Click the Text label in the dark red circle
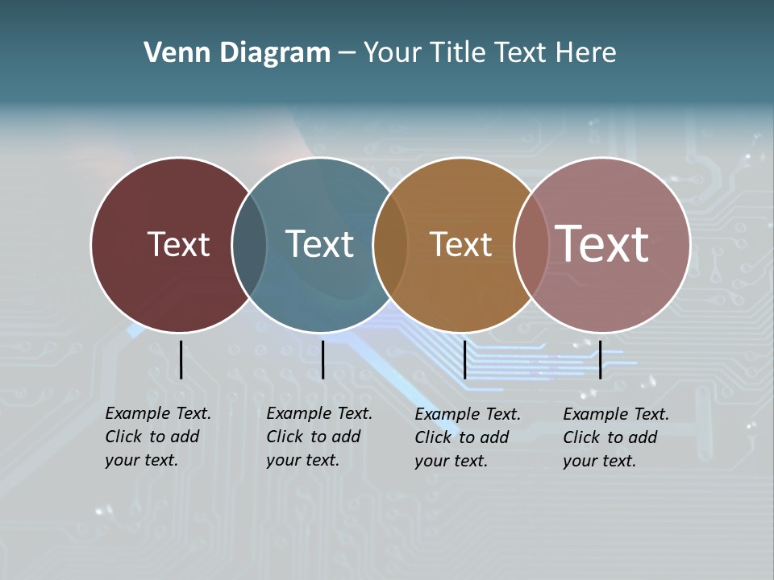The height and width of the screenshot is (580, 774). click(178, 244)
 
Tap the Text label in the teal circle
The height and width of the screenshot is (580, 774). click(319, 244)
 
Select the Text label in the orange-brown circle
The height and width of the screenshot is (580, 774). click(460, 244)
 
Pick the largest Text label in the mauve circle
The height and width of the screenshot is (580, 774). click(601, 244)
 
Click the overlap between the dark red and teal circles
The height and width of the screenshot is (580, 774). click(249, 245)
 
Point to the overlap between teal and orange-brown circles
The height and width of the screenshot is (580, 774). click(390, 245)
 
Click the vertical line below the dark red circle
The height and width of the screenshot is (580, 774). click(181, 359)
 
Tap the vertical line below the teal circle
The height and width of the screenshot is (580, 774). click(322, 359)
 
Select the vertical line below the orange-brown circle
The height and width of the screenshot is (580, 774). click(464, 359)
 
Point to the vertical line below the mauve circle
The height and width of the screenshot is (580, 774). click(600, 359)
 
